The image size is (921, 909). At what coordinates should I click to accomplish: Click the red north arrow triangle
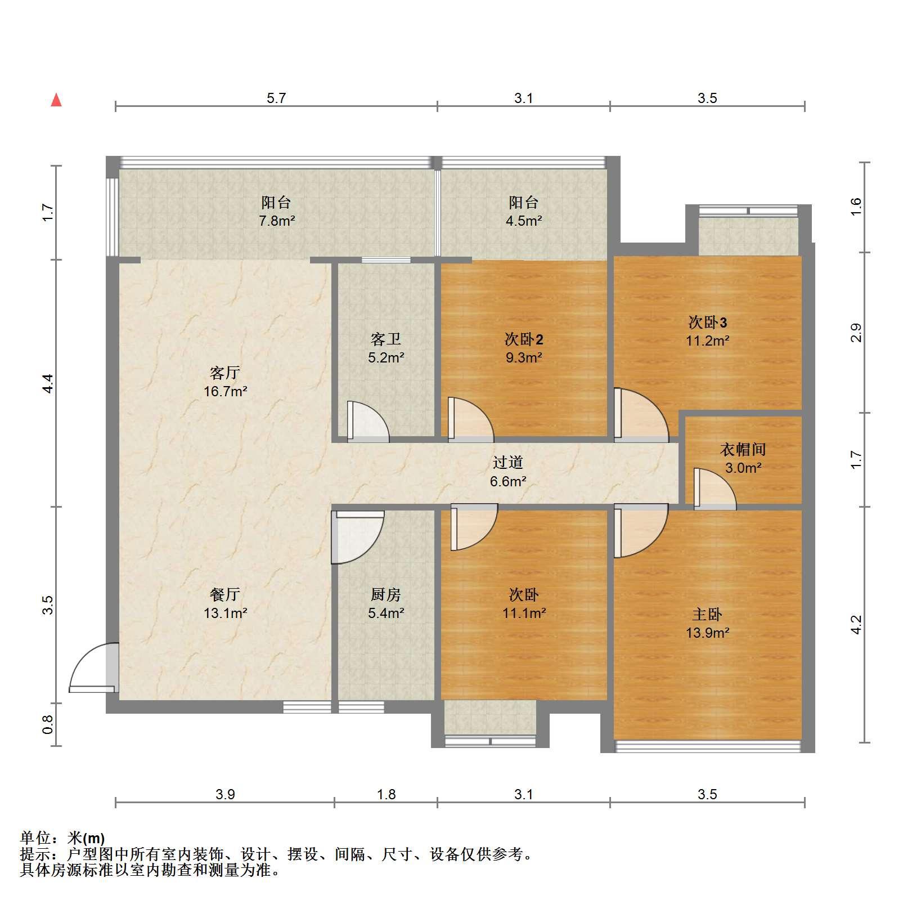tap(56, 100)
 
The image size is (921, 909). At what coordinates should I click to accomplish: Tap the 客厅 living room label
tap(225, 373)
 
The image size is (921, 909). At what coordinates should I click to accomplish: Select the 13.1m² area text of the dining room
tap(225, 613)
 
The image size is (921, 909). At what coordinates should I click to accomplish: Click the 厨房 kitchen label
tap(386, 594)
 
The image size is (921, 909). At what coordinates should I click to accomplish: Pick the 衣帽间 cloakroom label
tap(743, 449)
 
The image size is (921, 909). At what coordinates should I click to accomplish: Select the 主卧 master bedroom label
tap(707, 614)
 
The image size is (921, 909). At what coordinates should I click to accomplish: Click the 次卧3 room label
tap(708, 323)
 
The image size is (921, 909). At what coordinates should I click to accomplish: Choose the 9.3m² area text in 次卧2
tap(523, 357)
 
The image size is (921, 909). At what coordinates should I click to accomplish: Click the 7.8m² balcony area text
tap(277, 221)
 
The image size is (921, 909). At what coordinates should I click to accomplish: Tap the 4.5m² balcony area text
tap(523, 221)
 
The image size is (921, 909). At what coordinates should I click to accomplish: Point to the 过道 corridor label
tap(508, 462)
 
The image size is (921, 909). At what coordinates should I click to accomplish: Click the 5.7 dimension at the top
tap(276, 98)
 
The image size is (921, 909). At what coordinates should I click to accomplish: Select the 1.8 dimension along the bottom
tap(386, 794)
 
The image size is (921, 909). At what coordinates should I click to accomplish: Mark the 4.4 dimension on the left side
tap(48, 383)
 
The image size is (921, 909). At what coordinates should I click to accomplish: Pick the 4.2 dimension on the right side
tap(856, 624)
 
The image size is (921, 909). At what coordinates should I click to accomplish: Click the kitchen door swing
tap(357, 537)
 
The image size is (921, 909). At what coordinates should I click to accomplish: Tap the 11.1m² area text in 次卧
tap(524, 613)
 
